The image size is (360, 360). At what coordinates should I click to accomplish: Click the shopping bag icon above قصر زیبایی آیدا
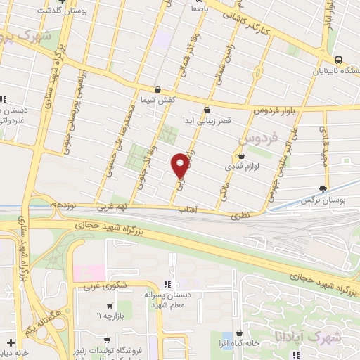click(x=206, y=110)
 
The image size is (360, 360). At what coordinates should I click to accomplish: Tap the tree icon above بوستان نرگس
click(x=323, y=188)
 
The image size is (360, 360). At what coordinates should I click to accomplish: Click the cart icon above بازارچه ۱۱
click(x=109, y=306)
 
